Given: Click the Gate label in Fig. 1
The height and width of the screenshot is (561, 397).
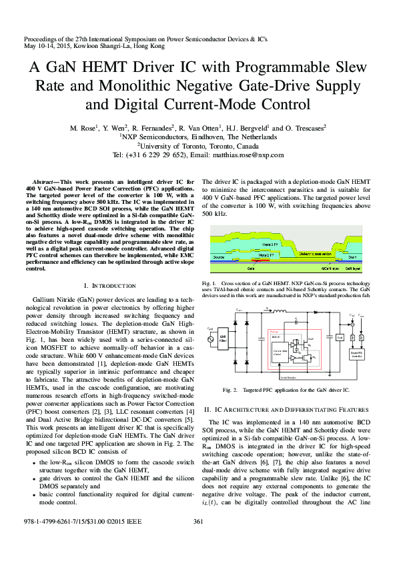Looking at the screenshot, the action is click(251, 269).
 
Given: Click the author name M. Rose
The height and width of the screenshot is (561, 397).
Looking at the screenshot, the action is click(85, 127).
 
